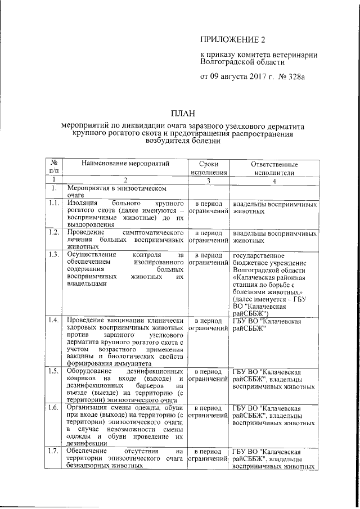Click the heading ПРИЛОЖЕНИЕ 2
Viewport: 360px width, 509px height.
pyautogui.click(x=232, y=39)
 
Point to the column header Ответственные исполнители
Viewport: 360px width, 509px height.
pyautogui.click(x=273, y=168)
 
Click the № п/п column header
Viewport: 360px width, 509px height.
pyautogui.click(x=55, y=168)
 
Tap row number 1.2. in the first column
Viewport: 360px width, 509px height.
pyautogui.click(x=55, y=232)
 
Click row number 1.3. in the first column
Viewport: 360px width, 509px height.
pyautogui.click(x=55, y=255)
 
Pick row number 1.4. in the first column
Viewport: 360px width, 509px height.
pyautogui.click(x=55, y=321)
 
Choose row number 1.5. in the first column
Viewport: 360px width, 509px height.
pyautogui.click(x=55, y=372)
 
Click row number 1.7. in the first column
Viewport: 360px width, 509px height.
pyautogui.click(x=55, y=452)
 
